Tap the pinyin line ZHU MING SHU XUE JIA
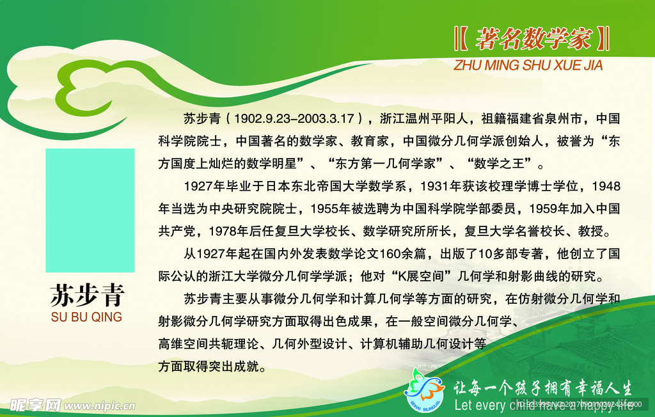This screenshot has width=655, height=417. (x=528, y=65)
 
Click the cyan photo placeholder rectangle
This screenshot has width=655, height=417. (x=90, y=210)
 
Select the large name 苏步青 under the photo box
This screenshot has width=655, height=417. (x=87, y=295)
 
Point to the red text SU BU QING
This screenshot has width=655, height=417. (x=86, y=317)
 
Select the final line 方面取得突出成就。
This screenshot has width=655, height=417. (x=212, y=366)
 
